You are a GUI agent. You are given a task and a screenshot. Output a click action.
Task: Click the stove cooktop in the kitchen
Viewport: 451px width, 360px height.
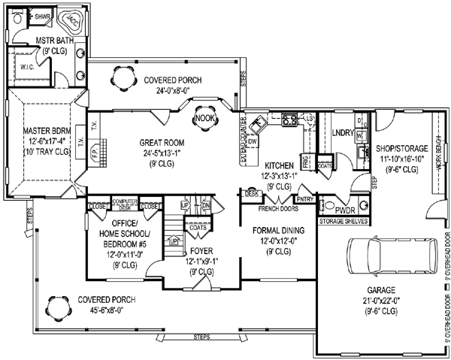[289, 119]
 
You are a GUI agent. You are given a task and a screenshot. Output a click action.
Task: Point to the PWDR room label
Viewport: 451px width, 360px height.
[347, 210]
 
